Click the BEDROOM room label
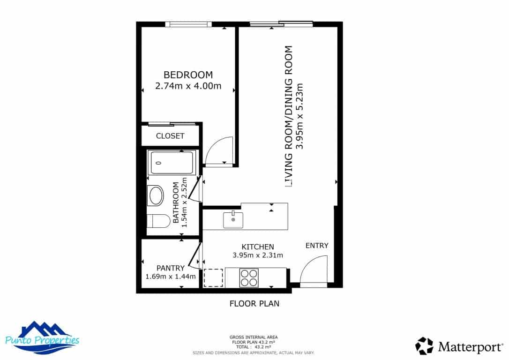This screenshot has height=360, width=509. point(187,75)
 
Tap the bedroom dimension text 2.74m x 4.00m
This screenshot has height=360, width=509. point(187,86)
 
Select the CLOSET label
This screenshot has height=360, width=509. point(170,136)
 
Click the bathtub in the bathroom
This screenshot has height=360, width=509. point(171,163)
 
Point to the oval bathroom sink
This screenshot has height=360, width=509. point(156,195)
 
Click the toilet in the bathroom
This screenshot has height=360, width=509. point(158,221)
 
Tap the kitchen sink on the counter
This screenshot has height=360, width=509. point(233,219)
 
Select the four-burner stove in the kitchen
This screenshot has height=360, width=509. point(249,277)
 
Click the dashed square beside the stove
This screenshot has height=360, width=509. point(214,277)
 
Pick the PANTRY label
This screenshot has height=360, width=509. point(170,268)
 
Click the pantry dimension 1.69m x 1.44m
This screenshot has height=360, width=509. point(170,277)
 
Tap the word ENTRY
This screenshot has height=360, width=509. point(317,246)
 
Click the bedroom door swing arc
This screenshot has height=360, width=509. point(219,150)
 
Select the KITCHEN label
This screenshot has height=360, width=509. point(257,247)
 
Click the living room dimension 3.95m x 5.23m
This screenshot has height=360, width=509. point(300,116)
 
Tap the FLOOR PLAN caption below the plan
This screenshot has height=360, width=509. point(254,303)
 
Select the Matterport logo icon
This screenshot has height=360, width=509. point(424,346)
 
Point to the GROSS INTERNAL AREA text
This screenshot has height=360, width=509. point(253,337)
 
